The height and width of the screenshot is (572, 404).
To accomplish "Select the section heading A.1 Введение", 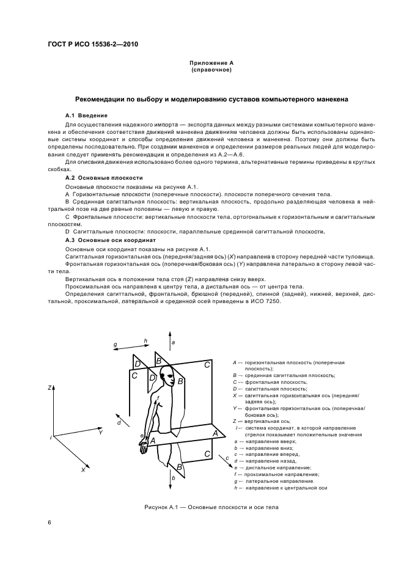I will tap(86, 116).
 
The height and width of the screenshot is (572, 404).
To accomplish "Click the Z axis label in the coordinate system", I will tap(49, 388).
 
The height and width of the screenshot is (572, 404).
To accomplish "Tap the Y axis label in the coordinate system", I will tap(100, 431).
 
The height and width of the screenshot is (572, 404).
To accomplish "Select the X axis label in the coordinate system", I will tap(83, 469).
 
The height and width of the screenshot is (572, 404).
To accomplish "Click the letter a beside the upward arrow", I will tap(174, 343).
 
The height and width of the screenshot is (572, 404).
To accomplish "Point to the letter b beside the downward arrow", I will tap(174, 477).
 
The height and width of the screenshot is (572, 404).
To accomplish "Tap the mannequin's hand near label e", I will tap(143, 448).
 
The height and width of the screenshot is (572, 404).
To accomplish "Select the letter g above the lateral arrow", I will tap(115, 345).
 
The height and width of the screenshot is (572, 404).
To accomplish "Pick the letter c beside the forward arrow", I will tap(227, 458).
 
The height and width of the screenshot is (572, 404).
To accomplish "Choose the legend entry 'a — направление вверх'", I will tap(265, 441).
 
